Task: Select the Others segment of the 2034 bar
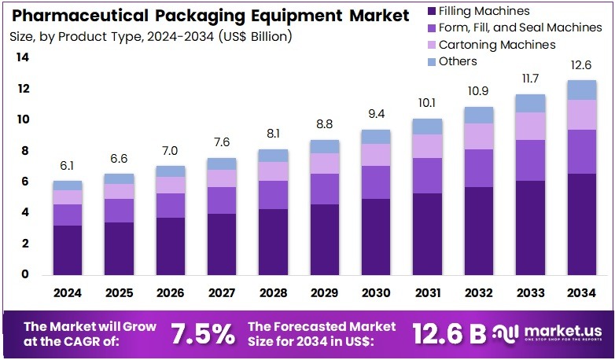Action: (x=581, y=90)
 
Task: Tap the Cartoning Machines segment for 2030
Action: (x=376, y=155)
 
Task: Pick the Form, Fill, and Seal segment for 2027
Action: (x=221, y=200)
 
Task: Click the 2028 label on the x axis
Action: (x=273, y=292)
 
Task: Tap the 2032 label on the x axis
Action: (x=478, y=292)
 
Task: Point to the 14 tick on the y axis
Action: (x=23, y=57)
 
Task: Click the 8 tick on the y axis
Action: (x=26, y=151)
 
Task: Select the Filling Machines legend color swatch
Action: (x=431, y=11)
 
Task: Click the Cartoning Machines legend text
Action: (x=497, y=45)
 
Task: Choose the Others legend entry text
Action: (x=458, y=61)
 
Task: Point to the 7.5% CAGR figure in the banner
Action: (x=203, y=333)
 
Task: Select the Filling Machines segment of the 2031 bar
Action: (x=427, y=234)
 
